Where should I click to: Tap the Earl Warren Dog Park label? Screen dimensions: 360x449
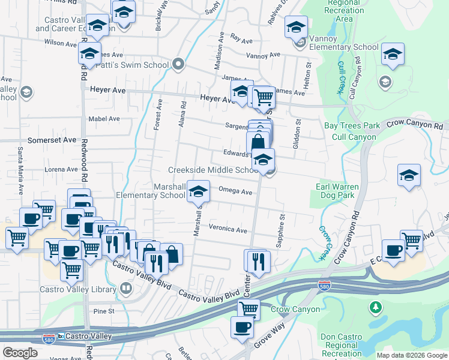pyautogui.click(x=337, y=191)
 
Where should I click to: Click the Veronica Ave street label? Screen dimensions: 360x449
pyautogui.click(x=228, y=229)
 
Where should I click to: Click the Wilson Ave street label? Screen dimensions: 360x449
pyautogui.click(x=60, y=43)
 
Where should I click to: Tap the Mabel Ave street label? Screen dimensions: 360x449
pyautogui.click(x=104, y=119)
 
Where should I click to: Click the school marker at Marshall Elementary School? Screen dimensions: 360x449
pyautogui.click(x=198, y=191)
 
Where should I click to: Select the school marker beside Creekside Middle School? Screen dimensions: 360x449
pyautogui.click(x=263, y=160)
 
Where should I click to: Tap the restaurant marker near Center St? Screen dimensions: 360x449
pyautogui.click(x=259, y=260)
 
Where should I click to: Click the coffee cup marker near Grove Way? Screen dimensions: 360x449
pyautogui.click(x=243, y=327)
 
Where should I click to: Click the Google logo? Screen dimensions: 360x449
pyautogui.click(x=20, y=353)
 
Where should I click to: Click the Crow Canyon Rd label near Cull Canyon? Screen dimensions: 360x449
pyautogui.click(x=414, y=124)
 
